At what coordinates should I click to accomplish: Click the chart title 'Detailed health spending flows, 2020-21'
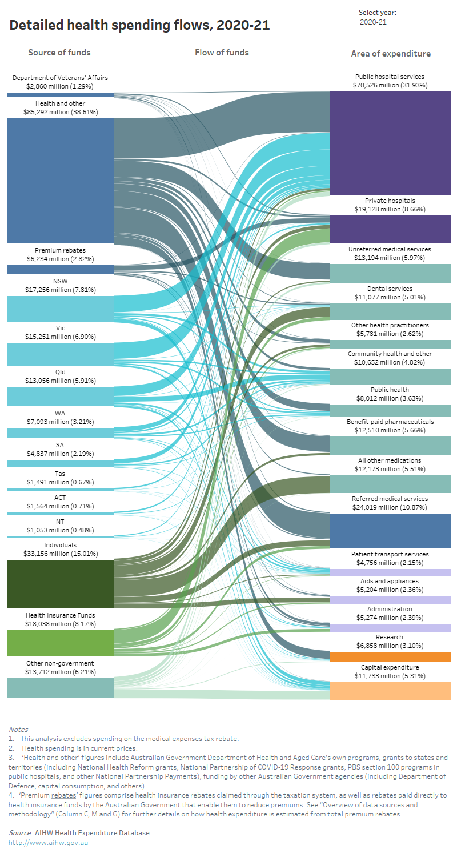tap(139, 25)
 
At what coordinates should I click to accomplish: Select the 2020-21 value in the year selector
tap(373, 22)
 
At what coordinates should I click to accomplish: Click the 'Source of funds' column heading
tap(59, 53)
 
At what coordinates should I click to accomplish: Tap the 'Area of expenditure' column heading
tap(391, 54)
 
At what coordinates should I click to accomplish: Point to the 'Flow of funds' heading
tap(222, 53)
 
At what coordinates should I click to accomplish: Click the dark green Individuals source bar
tap(61, 584)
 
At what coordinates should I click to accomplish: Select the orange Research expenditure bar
tap(391, 657)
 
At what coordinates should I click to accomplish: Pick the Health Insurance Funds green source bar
tap(61, 643)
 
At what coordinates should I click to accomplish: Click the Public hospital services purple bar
tap(391, 143)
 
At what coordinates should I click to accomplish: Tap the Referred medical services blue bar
tap(391, 531)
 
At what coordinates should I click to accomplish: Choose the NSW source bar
tap(61, 309)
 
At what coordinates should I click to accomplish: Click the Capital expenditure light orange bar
tap(391, 691)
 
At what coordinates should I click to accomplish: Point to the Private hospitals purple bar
tap(391, 229)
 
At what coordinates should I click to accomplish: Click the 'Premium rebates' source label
tap(61, 250)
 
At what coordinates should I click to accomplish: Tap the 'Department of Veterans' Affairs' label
tap(61, 78)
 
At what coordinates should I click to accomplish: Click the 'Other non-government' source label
tap(61, 663)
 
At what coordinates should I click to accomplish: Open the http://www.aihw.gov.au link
tap(49, 843)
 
